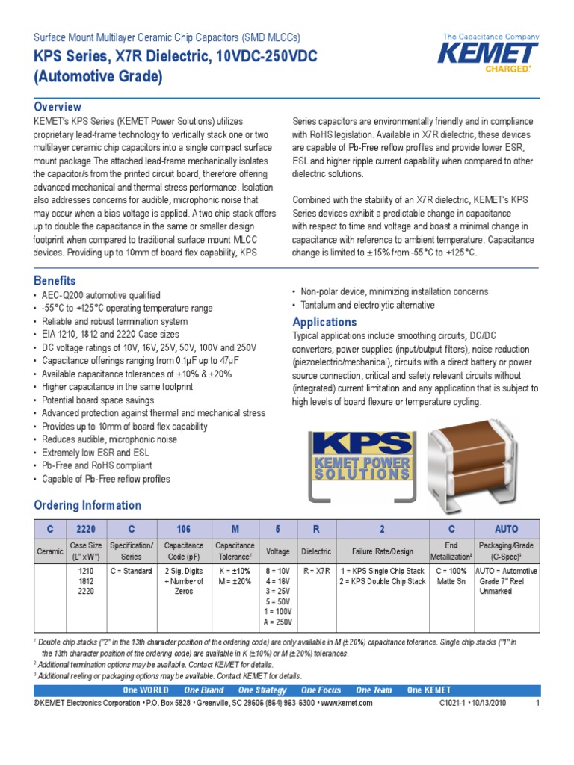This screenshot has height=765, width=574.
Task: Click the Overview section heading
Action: click(58, 107)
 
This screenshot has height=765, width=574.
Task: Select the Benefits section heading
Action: click(55, 281)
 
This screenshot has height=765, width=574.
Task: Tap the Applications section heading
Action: click(324, 322)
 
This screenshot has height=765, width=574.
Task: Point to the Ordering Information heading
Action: click(87, 505)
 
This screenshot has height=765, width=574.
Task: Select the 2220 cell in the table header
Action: click(86, 529)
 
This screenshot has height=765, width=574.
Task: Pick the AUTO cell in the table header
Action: click(505, 529)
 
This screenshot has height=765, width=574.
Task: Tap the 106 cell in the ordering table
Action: click(183, 529)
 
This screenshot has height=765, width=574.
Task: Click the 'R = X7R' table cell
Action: click(317, 571)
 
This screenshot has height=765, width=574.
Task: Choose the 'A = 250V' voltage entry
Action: click(277, 622)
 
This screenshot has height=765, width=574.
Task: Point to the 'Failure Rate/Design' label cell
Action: click(382, 551)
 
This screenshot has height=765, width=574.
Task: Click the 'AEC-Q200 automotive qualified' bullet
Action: click(101, 296)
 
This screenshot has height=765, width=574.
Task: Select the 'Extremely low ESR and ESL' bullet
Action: click(96, 453)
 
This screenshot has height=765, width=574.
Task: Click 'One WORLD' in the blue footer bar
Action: click(146, 690)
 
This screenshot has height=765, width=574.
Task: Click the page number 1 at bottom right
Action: click(537, 704)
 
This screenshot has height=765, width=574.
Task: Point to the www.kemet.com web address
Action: click(347, 704)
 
